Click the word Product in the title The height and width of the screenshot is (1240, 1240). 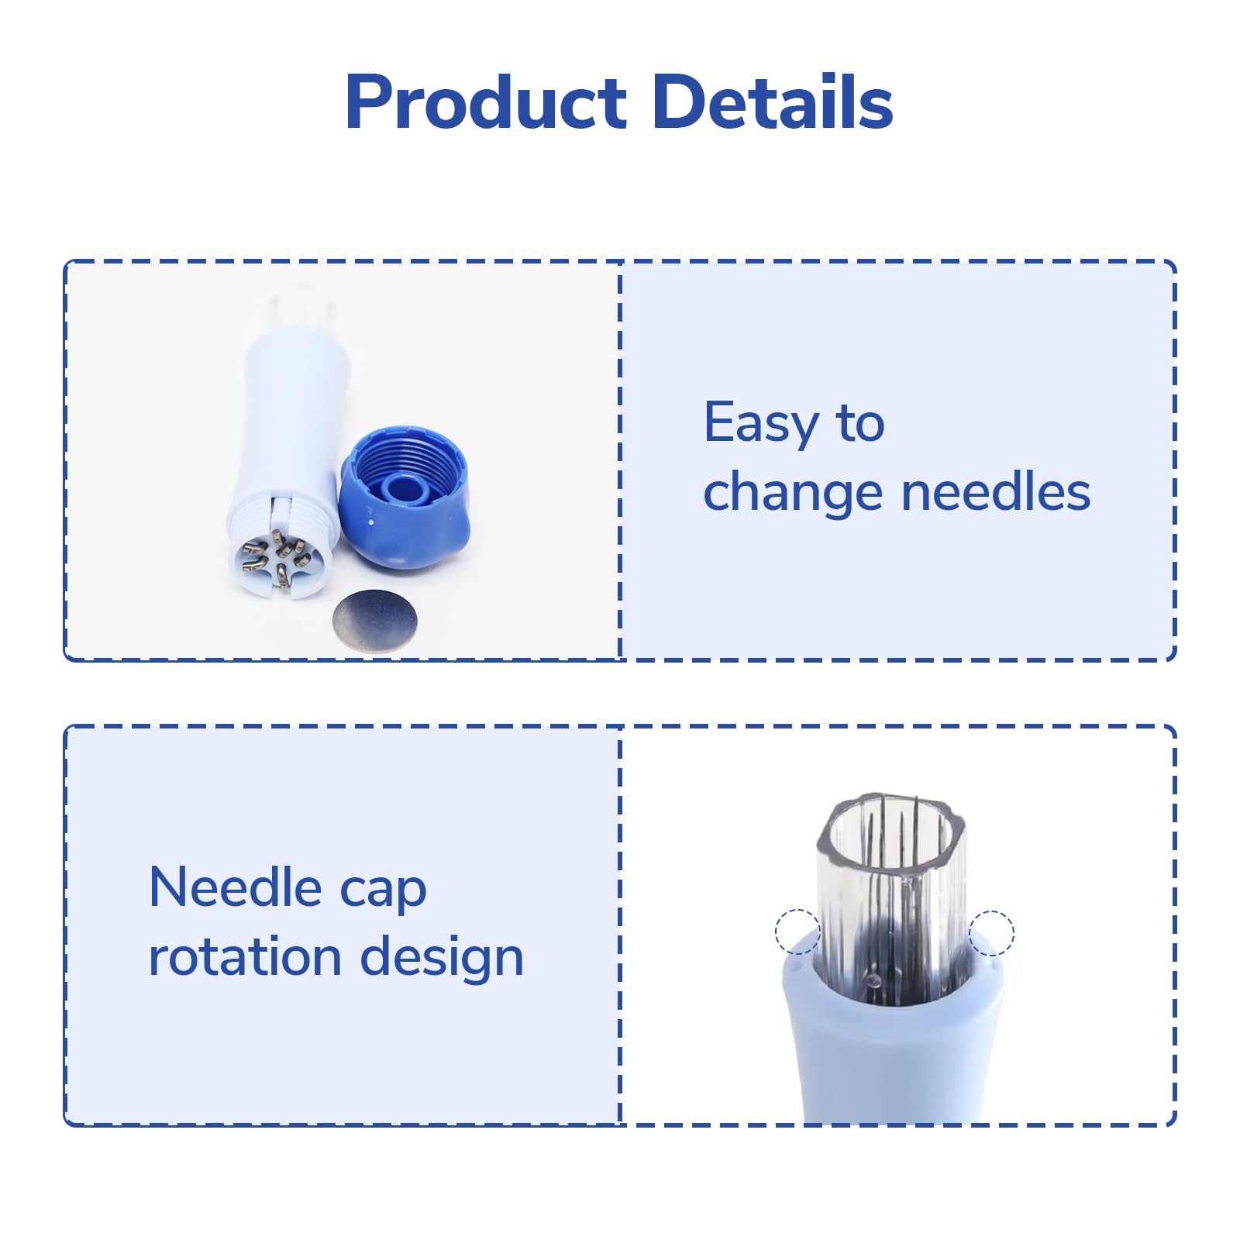[x=486, y=102]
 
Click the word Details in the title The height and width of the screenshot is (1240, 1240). [x=773, y=102]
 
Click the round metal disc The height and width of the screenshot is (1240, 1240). [x=374, y=620]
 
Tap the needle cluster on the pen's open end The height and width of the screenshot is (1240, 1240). [x=276, y=556]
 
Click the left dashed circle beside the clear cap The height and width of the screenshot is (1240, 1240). [x=797, y=932]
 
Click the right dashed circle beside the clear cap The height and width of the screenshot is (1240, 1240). [x=991, y=932]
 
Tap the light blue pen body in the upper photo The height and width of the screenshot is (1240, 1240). [x=288, y=434]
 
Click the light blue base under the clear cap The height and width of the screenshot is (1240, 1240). [x=891, y=1046]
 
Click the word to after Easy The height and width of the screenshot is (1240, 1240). [x=860, y=423]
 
